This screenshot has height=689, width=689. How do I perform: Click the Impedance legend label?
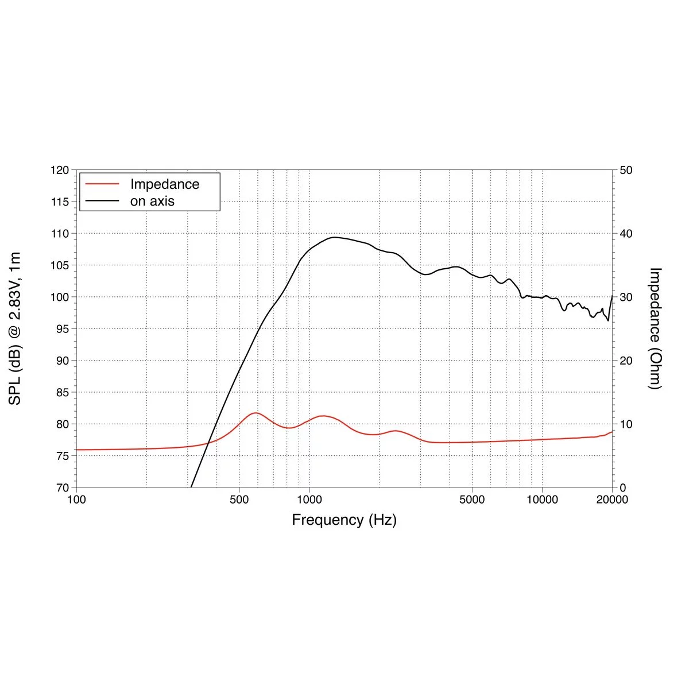click(165, 184)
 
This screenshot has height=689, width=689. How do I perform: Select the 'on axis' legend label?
click(152, 201)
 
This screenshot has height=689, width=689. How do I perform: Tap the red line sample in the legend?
click(102, 184)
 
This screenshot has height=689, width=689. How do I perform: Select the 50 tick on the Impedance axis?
click(626, 171)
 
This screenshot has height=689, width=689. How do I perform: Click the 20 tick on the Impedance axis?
click(626, 361)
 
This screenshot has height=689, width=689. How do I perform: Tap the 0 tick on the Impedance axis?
click(623, 487)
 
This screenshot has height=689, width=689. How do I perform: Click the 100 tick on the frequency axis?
click(76, 500)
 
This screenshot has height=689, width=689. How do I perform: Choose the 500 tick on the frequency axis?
click(239, 500)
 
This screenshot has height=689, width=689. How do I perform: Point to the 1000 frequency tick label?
click(309, 500)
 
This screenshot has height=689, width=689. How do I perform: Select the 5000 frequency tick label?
click(472, 500)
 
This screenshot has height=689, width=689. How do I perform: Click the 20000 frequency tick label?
click(612, 500)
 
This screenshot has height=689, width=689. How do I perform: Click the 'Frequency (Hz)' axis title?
click(344, 520)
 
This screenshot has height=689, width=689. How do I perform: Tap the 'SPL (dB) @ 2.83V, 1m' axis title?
click(15, 328)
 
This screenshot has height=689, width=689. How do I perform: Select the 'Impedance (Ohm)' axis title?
click(655, 328)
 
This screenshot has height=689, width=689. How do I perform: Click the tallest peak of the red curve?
click(255, 413)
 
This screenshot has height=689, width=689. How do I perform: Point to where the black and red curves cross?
click(208, 442)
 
